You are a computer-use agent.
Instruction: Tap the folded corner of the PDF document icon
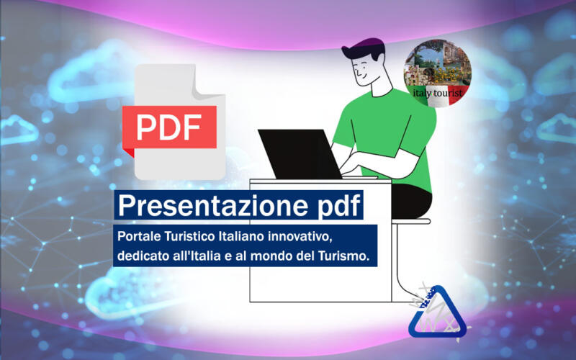point(207,83)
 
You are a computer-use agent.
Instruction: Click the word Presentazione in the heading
point(212,205)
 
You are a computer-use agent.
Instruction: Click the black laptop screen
point(300,154)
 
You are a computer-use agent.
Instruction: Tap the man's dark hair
point(364,48)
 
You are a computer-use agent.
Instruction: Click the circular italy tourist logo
point(438,73)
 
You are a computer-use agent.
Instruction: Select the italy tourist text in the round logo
point(438,93)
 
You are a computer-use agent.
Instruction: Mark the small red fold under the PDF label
point(128,152)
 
